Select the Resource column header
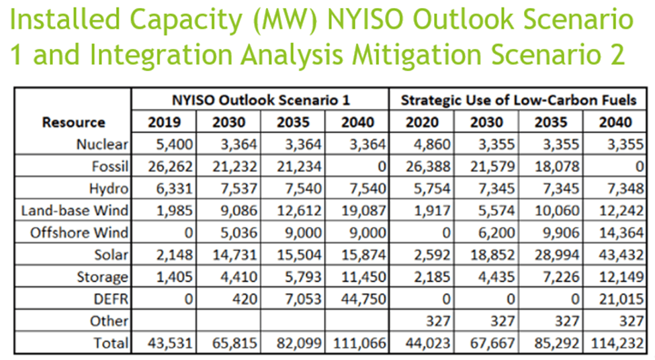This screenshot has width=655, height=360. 73,122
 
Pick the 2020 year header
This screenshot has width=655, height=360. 421,122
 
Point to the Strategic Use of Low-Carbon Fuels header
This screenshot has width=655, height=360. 519,101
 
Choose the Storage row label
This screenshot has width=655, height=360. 103,277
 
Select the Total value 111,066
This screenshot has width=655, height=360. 361,343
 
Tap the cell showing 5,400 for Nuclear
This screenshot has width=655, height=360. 174,144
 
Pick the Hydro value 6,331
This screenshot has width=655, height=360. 174,188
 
